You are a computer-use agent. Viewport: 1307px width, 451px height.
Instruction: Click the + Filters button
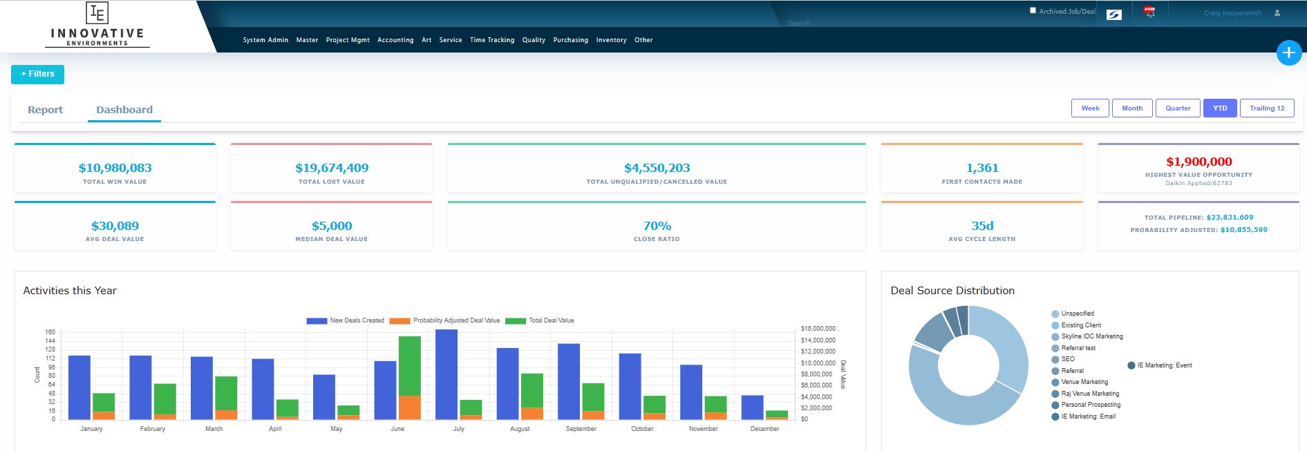pos(37,74)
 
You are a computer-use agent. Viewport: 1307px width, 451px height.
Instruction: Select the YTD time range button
pos(1220,108)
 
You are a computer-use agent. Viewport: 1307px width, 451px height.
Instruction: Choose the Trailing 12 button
pos(1267,108)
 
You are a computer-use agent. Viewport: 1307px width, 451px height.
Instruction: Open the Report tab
pos(45,110)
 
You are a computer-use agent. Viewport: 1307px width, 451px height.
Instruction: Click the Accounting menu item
pos(395,40)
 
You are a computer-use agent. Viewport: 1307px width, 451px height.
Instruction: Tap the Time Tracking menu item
pos(492,40)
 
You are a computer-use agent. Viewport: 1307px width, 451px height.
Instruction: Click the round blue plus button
pos(1288,52)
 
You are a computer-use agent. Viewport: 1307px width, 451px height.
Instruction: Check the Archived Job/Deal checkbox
pos(1033,10)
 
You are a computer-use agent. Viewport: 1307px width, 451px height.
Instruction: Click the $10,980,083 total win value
pos(115,168)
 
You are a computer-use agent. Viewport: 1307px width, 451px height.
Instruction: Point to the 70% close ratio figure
pos(657,226)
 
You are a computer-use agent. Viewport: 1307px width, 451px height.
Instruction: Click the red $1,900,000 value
pos(1198,162)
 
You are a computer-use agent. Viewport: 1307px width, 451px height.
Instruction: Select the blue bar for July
pos(446,374)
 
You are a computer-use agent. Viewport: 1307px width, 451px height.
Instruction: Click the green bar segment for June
pos(410,365)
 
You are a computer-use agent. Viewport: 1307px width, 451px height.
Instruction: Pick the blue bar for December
pos(752,407)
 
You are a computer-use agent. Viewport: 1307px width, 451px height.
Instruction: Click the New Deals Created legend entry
pos(345,320)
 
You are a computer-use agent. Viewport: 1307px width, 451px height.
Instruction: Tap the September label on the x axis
pos(581,429)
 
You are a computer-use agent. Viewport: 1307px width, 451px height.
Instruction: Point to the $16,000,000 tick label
pos(818,329)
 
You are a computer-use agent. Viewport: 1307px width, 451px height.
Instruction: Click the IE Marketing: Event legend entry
pos(1164,365)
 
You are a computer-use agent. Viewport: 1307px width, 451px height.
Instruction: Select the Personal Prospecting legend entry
pos(1090,405)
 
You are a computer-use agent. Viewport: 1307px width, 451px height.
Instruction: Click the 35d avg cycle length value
pos(982,226)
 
